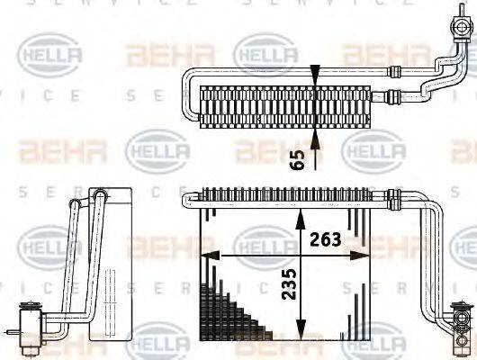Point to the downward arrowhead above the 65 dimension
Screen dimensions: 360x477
click(314, 77)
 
